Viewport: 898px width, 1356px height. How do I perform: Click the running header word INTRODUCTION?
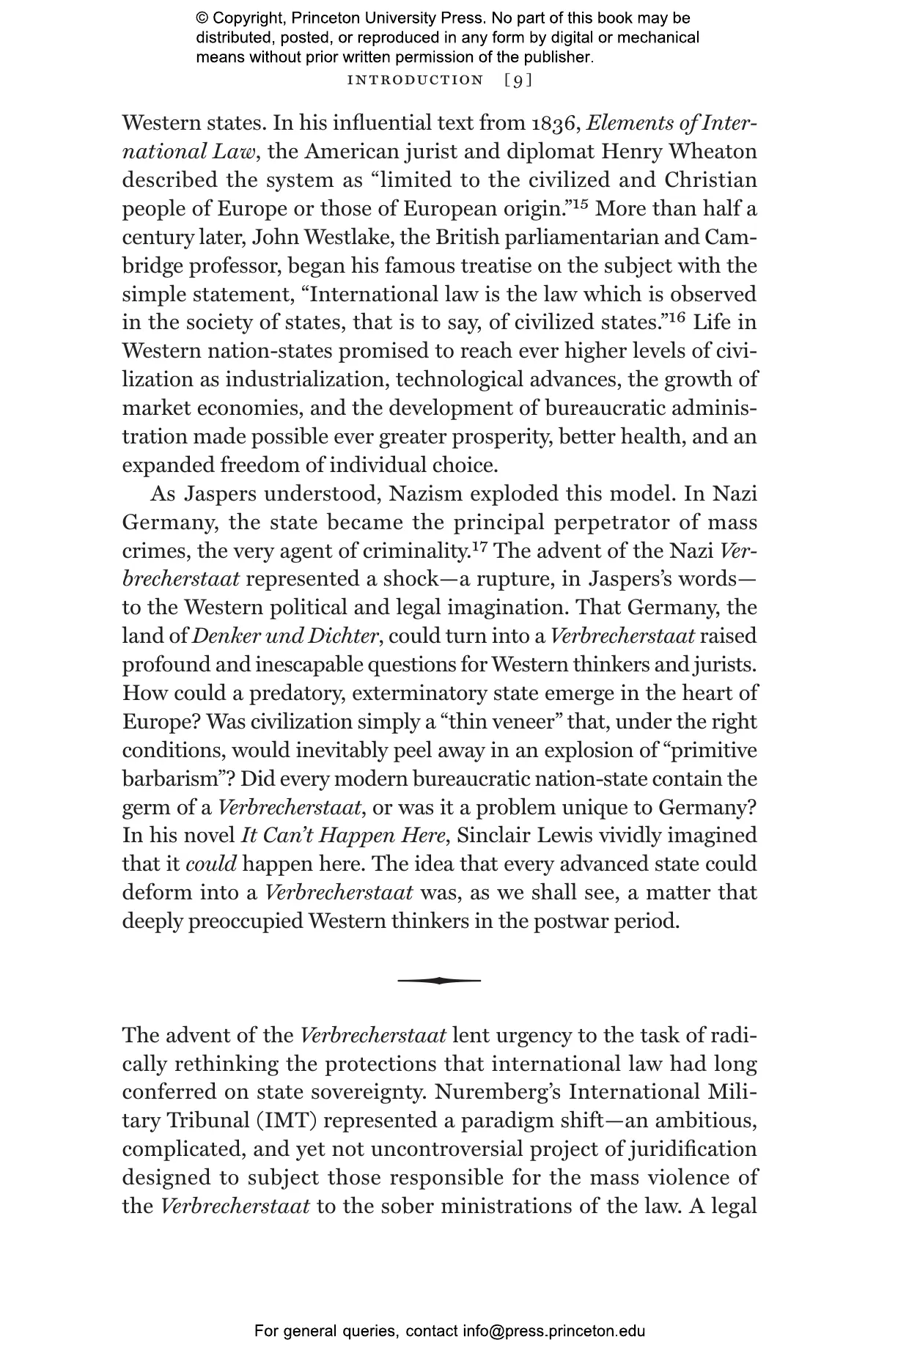point(415,80)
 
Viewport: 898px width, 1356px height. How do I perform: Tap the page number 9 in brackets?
point(518,80)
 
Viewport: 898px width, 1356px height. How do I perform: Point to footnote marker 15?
point(580,204)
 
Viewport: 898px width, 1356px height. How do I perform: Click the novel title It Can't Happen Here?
point(342,836)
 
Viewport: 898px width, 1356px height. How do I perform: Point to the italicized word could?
point(211,864)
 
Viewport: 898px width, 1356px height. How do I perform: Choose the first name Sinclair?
point(487,836)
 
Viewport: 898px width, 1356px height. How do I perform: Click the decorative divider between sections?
point(439,980)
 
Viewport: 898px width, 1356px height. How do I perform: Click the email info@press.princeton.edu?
point(553,1331)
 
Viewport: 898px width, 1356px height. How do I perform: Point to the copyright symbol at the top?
point(202,18)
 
